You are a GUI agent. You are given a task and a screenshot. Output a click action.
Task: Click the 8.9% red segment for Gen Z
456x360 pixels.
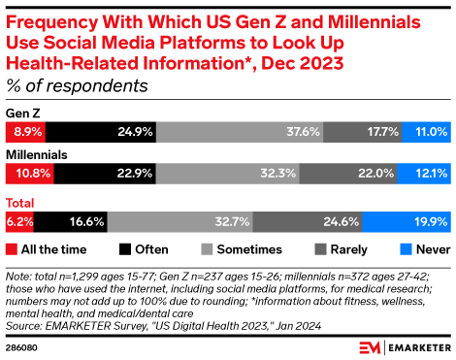pyautogui.click(x=25, y=132)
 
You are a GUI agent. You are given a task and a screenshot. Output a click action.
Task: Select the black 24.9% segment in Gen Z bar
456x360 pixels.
pyautogui.click(x=101, y=132)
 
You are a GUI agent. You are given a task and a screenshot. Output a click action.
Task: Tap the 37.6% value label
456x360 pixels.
pyautogui.click(x=303, y=132)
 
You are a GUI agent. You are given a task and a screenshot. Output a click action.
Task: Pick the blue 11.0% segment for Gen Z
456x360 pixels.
pyautogui.click(x=426, y=132)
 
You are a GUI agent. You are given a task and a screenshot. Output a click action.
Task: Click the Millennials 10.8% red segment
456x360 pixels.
pyautogui.click(x=30, y=174)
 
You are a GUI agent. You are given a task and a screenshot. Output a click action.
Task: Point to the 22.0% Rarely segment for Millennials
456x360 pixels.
pyautogui.click(x=348, y=174)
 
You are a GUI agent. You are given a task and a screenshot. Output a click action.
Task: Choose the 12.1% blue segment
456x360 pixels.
pyautogui.click(x=424, y=174)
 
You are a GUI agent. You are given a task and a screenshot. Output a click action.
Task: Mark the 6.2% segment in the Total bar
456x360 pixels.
pyautogui.click(x=19, y=222)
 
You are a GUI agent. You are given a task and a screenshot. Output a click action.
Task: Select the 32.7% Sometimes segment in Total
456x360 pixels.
pyautogui.click(x=180, y=222)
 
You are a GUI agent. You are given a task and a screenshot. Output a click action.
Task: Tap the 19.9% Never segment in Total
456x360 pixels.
pyautogui.click(x=407, y=222)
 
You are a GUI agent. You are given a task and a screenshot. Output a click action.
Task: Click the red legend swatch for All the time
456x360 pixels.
pyautogui.click(x=12, y=249)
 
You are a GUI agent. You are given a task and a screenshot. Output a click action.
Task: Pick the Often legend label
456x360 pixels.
pyautogui.click(x=151, y=249)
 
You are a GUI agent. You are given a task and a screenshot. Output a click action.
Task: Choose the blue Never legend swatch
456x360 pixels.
pyautogui.click(x=406, y=249)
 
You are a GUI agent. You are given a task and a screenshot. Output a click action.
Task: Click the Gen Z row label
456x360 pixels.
pyautogui.click(x=23, y=114)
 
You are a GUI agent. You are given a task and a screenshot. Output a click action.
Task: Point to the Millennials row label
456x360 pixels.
pyautogui.click(x=37, y=155)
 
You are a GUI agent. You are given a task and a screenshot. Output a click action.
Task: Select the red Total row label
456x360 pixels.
pyautogui.click(x=19, y=203)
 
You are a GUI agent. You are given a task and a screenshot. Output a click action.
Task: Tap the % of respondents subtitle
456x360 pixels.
pyautogui.click(x=77, y=86)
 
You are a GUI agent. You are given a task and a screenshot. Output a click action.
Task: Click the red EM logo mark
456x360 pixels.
pyautogui.click(x=370, y=347)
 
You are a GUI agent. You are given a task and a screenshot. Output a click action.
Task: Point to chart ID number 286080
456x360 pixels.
pyautogui.click(x=21, y=347)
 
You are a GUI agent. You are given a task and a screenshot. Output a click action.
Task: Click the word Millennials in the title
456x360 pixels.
pyautogui.click(x=375, y=22)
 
